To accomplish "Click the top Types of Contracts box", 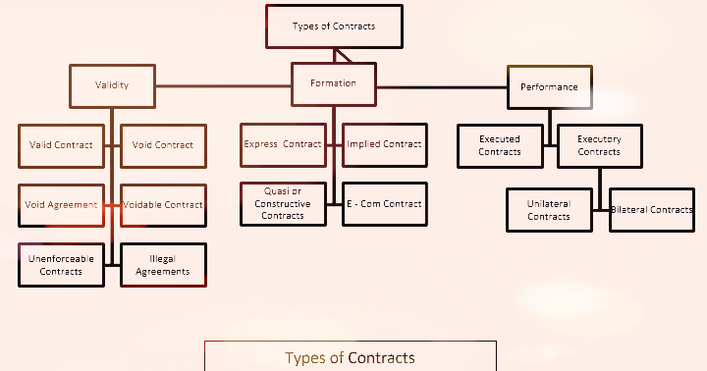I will pyautogui.click(x=334, y=26).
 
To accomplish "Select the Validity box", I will pyautogui.click(x=112, y=84).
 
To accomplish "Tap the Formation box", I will pyautogui.click(x=334, y=83).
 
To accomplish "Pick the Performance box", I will pyautogui.click(x=549, y=86).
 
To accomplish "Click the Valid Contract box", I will pyautogui.click(x=61, y=144).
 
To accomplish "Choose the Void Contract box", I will pyautogui.click(x=163, y=144).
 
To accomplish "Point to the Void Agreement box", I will pyautogui.click(x=61, y=205).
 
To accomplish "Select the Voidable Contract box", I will pyautogui.click(x=163, y=205).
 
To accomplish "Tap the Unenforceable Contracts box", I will pyautogui.click(x=61, y=265).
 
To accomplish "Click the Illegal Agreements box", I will pyautogui.click(x=163, y=265).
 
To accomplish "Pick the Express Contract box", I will pyautogui.click(x=283, y=144).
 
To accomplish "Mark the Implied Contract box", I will pyautogui.click(x=384, y=144).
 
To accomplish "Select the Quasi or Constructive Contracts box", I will pyautogui.click(x=283, y=204).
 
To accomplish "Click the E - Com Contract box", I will pyautogui.click(x=384, y=204).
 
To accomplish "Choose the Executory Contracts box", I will pyautogui.click(x=599, y=146).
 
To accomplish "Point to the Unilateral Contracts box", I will pyautogui.click(x=549, y=210).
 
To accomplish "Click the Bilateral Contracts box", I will pyautogui.click(x=652, y=210).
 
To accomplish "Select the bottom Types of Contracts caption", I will pyautogui.click(x=350, y=357).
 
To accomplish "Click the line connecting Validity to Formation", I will pyautogui.click(x=224, y=85).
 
